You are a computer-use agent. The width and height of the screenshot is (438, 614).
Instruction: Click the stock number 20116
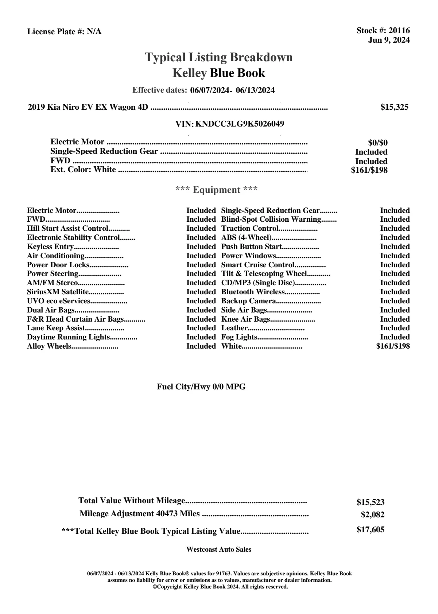pyautogui.click(x=399, y=31)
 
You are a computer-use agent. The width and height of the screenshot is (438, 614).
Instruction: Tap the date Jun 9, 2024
pyautogui.click(x=389, y=40)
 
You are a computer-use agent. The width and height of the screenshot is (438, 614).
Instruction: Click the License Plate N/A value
pyautogui.click(x=94, y=32)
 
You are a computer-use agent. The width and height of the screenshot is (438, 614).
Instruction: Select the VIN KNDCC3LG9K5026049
pyautogui.click(x=240, y=124)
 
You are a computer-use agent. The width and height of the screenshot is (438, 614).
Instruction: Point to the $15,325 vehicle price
pyautogui.click(x=394, y=107)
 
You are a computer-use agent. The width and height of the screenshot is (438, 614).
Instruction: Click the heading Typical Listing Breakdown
pyautogui.click(x=219, y=57)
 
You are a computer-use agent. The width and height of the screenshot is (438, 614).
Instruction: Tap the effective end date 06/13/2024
pyautogui.click(x=255, y=90)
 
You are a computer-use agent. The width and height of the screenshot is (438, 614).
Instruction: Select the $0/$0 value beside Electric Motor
pyautogui.click(x=377, y=143)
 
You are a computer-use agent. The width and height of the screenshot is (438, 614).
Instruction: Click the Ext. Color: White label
pyautogui.click(x=83, y=170)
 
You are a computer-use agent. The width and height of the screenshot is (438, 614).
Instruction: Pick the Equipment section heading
pyautogui.click(x=216, y=190)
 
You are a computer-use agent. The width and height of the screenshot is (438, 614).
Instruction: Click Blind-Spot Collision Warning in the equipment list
pyautogui.click(x=271, y=219)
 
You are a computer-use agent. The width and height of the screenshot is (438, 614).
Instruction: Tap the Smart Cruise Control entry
pyautogui.click(x=258, y=265)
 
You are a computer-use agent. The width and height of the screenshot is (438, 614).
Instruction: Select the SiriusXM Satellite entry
pyautogui.click(x=58, y=292)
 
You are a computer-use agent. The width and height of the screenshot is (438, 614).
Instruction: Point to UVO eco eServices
pyautogui.click(x=58, y=301)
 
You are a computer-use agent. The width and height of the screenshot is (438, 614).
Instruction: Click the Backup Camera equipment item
pyautogui.click(x=248, y=301)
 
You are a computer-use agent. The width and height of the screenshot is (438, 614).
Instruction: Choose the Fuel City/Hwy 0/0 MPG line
pyautogui.click(x=201, y=387)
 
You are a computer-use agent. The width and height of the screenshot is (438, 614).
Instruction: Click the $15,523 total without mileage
pyautogui.click(x=371, y=502)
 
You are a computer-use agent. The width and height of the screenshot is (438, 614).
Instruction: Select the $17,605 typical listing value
pyautogui.click(x=371, y=530)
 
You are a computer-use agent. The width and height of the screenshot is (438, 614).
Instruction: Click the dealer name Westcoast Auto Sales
pyautogui.click(x=219, y=549)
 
